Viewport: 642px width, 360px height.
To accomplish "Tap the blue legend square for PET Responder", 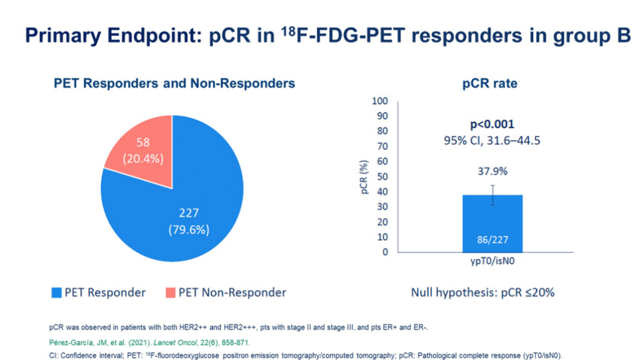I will click(x=56, y=292).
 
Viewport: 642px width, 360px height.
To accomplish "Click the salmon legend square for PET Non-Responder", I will click(x=170, y=292).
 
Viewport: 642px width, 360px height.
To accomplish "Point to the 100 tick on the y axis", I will click(x=379, y=100).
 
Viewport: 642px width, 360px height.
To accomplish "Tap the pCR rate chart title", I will click(x=490, y=84).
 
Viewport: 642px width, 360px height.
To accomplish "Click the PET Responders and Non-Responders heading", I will click(x=174, y=84).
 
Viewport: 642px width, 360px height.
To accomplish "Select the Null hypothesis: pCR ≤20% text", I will click(x=483, y=292).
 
